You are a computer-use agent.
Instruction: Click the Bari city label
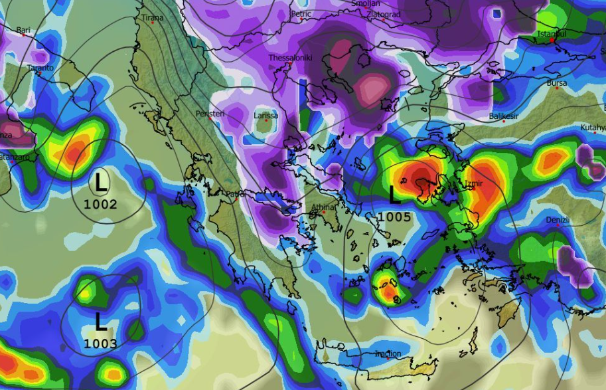click(x=23, y=30)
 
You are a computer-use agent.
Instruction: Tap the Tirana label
click(x=152, y=17)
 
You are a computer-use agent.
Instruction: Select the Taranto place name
click(x=39, y=68)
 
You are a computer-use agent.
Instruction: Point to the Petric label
click(x=301, y=13)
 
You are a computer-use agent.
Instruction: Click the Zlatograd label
click(x=386, y=14)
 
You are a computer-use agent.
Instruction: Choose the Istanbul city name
click(x=552, y=33)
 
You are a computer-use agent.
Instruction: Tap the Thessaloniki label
click(x=290, y=58)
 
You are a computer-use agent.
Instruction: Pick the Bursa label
click(x=557, y=84)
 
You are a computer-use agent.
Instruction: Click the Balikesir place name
click(x=503, y=116)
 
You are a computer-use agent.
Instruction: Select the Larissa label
click(x=266, y=116)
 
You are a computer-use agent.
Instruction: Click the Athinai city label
click(x=325, y=207)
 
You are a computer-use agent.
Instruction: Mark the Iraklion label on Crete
click(x=388, y=353)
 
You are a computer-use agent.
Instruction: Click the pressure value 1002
click(x=100, y=204)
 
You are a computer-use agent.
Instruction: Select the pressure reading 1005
click(x=395, y=217)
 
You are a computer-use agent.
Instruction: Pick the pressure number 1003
click(x=100, y=343)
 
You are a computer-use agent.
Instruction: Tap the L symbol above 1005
click(x=394, y=195)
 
